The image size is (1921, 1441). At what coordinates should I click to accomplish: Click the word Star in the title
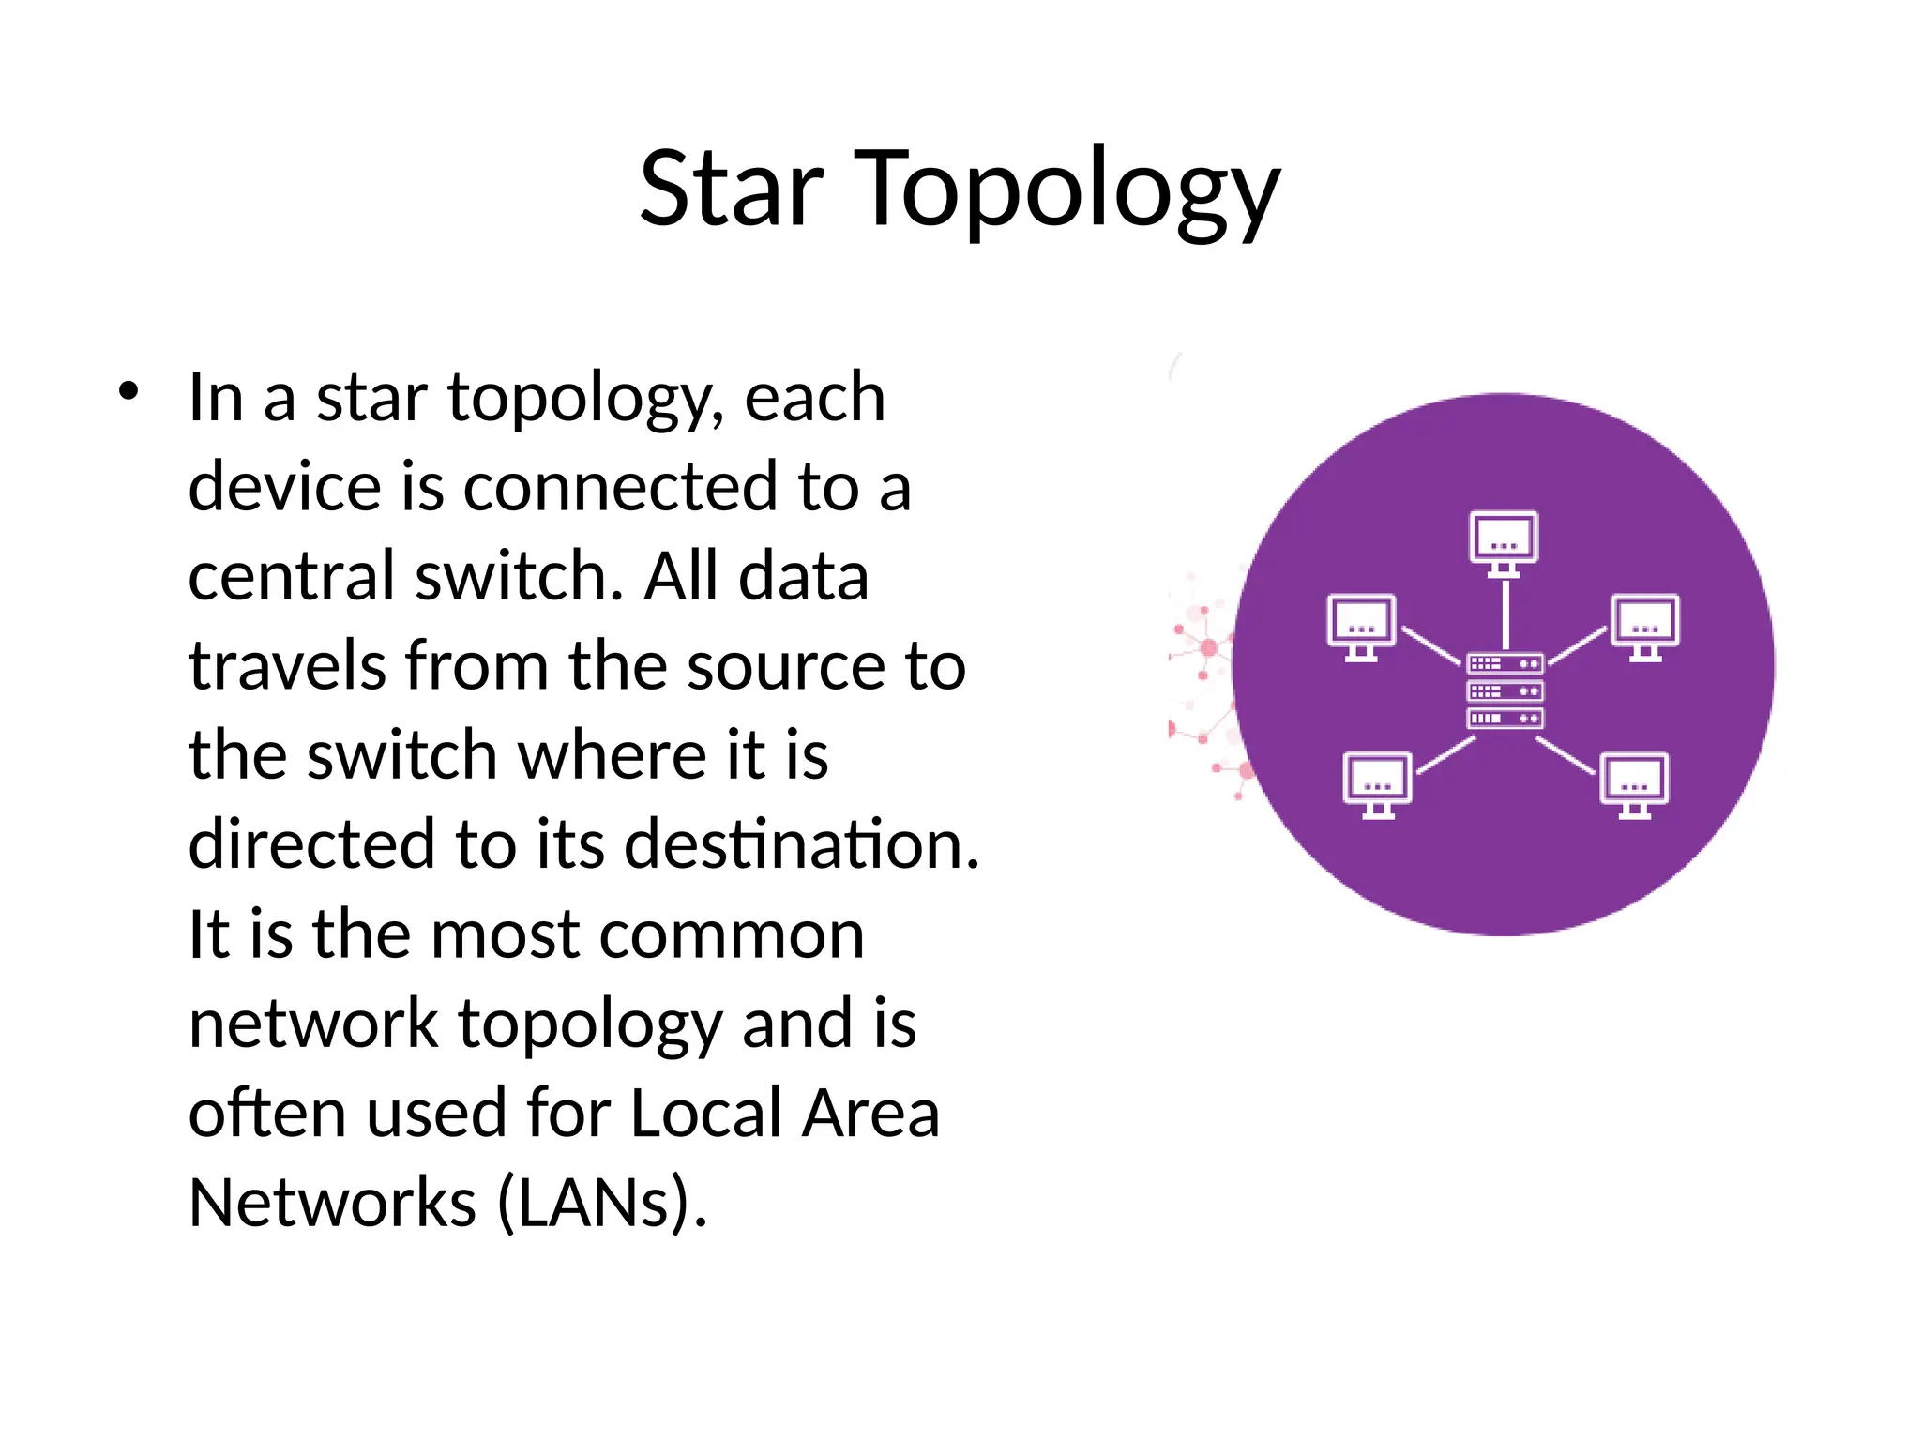(731, 190)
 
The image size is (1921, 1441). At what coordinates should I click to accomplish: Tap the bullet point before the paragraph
(129, 392)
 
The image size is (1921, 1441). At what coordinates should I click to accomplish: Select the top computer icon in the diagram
(1504, 542)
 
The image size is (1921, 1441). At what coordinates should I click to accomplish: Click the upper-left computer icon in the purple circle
(1361, 626)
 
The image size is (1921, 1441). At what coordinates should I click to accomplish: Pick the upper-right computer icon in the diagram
(1645, 626)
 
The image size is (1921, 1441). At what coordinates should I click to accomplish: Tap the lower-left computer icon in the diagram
(1377, 783)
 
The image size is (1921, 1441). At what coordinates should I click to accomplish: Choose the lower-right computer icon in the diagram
(1634, 783)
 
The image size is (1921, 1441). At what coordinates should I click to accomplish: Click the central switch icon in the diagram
(1505, 691)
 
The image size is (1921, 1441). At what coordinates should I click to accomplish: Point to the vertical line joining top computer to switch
(1505, 614)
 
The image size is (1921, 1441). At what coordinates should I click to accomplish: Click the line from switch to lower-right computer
(1565, 755)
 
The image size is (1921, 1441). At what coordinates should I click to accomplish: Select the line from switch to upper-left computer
(1431, 645)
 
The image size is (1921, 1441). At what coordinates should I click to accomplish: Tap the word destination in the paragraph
(801, 844)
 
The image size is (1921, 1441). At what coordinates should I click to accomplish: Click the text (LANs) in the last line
(601, 1203)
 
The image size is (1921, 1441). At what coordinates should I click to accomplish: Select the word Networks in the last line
(332, 1203)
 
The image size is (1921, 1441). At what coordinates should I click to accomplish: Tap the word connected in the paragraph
(620, 487)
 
